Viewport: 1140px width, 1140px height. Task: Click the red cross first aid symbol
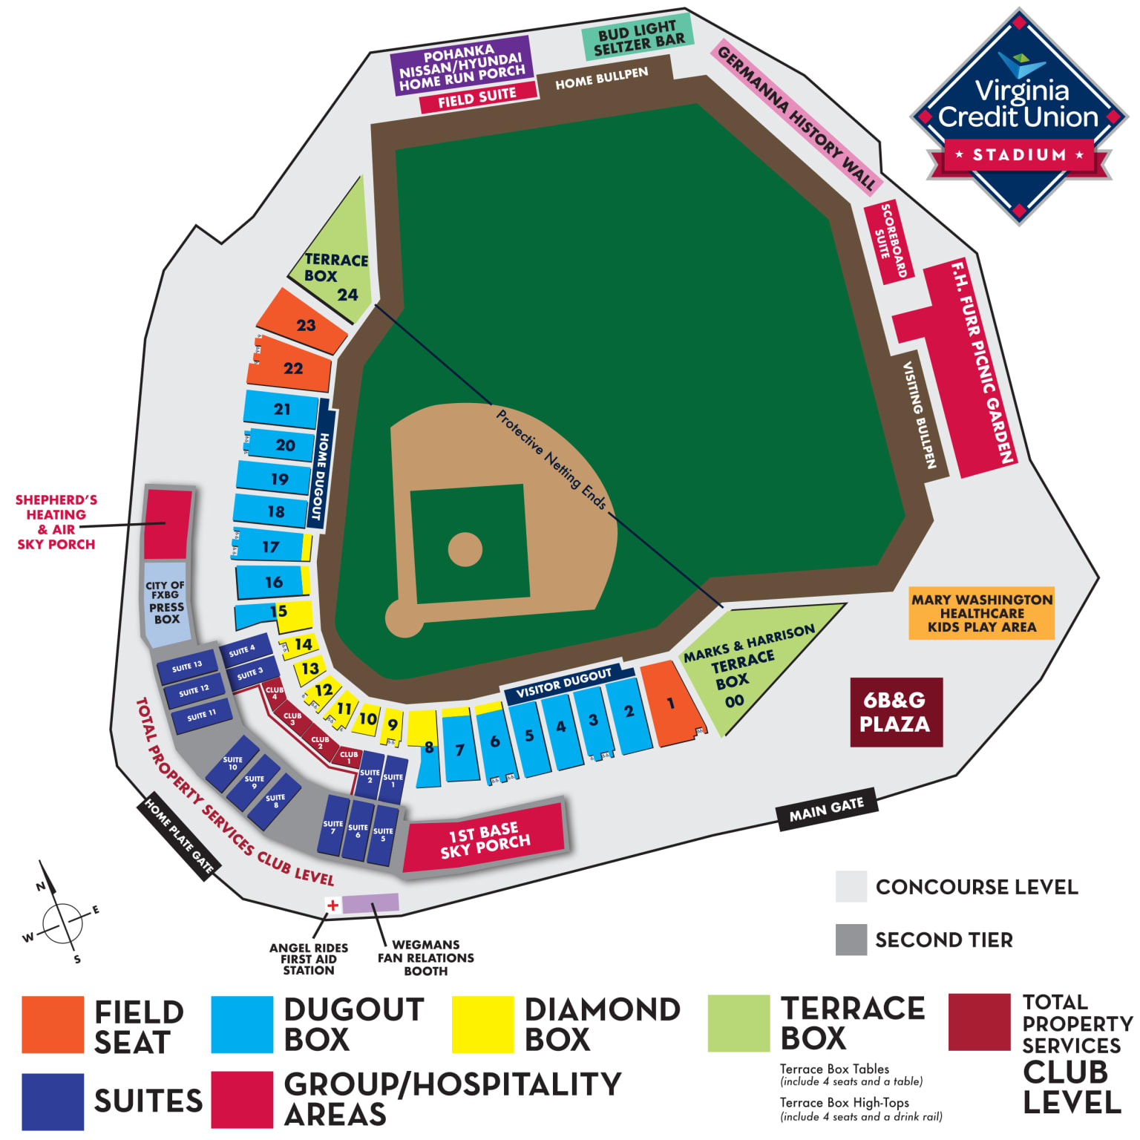[x=332, y=905]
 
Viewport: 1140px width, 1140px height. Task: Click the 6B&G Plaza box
[x=896, y=712]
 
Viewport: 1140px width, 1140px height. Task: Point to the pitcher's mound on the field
[x=465, y=549]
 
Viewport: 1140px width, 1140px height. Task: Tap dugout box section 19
[x=277, y=479]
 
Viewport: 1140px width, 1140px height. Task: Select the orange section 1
[x=669, y=704]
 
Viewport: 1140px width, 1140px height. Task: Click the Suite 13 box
[x=187, y=666]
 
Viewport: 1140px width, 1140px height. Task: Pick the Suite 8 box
[x=274, y=802]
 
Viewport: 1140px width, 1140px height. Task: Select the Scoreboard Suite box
[x=889, y=241]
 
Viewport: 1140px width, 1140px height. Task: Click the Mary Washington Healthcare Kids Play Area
[x=981, y=613]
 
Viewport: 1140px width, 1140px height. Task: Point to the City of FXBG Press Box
[x=166, y=602]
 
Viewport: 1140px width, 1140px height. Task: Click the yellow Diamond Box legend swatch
[x=482, y=1024]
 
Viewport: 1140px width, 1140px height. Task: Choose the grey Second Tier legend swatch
[x=851, y=940]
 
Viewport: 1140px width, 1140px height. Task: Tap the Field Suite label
[x=477, y=97]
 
